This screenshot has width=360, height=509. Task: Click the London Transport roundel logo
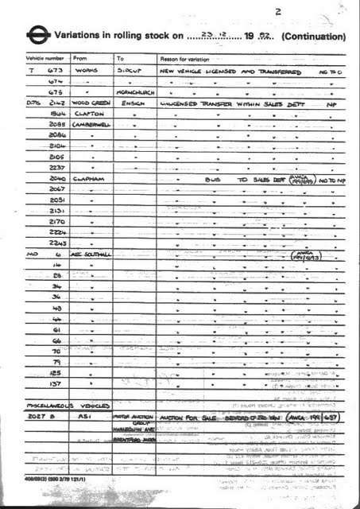pos(37,36)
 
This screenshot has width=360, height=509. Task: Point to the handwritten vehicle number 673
pos(56,70)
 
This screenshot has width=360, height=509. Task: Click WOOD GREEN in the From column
pos(89,103)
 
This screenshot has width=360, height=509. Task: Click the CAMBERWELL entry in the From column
pos(91,126)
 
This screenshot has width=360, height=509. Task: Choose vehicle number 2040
pos(56,180)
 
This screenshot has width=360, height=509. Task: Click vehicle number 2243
pos(56,242)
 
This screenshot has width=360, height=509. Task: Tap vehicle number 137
pos(56,383)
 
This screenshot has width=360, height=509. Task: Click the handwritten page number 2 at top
pos(277,12)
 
